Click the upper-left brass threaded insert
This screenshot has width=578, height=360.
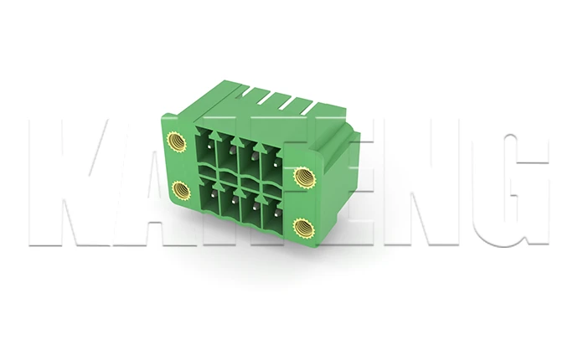click(x=177, y=141)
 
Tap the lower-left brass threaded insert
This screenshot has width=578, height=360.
click(x=181, y=189)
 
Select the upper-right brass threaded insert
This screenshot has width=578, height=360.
click(x=303, y=177)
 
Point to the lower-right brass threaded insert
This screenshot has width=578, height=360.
click(x=303, y=227)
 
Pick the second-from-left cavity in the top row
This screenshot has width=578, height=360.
click(x=228, y=158)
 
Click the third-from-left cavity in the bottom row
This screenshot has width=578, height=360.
click(x=250, y=210)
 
